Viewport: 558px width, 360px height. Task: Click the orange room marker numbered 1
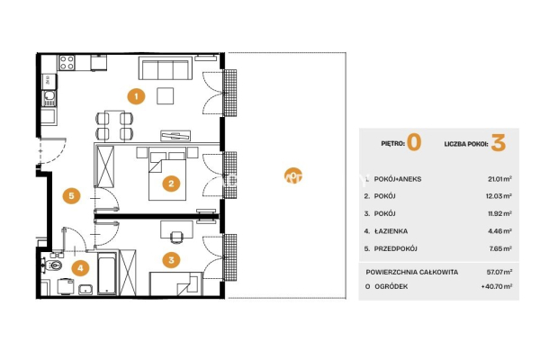click(x=136, y=95)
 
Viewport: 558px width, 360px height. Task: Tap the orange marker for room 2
click(x=171, y=184)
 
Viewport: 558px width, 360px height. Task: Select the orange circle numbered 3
click(x=171, y=260)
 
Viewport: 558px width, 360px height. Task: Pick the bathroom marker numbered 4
click(x=80, y=268)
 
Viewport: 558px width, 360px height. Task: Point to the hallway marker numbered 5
click(x=71, y=195)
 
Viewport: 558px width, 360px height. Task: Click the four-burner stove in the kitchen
click(x=67, y=63)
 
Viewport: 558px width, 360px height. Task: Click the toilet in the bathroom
click(x=52, y=265)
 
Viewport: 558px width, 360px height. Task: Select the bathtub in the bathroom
click(x=107, y=274)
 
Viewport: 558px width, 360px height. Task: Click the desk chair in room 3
click(x=176, y=237)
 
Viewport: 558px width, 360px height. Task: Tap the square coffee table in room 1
click(x=166, y=95)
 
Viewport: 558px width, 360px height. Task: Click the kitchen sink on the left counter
click(x=49, y=98)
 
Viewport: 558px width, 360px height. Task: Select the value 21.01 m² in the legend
click(x=499, y=179)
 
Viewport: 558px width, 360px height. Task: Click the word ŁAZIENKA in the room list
click(x=391, y=231)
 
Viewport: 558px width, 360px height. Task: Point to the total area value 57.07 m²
click(x=499, y=272)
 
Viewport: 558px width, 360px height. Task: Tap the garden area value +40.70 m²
click(x=497, y=286)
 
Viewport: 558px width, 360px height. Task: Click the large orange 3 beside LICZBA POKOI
click(x=499, y=142)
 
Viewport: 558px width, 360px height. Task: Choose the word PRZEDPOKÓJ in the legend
click(x=395, y=248)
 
